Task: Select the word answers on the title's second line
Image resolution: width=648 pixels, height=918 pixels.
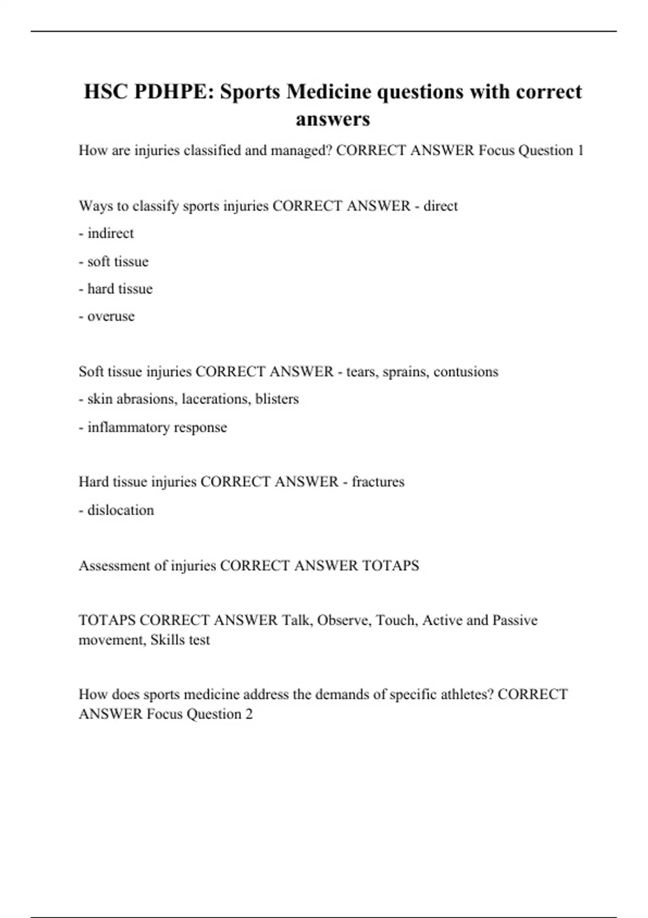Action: pyautogui.click(x=333, y=119)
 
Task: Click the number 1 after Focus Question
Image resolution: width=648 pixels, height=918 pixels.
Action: pyautogui.click(x=580, y=151)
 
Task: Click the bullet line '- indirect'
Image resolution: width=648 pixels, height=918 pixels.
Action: pyautogui.click(x=106, y=233)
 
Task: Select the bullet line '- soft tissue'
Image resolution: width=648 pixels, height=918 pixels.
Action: pyautogui.click(x=113, y=261)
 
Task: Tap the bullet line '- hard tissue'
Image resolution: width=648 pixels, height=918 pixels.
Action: pyautogui.click(x=116, y=289)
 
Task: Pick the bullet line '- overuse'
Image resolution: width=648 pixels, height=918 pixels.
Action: pyautogui.click(x=106, y=316)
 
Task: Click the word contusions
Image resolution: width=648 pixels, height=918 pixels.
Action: pyautogui.click(x=465, y=372)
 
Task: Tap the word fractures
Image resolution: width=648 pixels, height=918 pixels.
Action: pyautogui.click(x=378, y=482)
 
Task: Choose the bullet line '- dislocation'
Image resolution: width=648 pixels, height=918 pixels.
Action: pyautogui.click(x=116, y=510)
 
